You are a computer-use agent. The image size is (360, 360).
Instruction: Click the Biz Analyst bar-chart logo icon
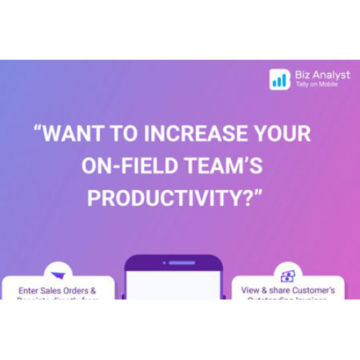279,78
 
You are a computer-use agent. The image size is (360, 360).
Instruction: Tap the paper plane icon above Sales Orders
57,274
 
